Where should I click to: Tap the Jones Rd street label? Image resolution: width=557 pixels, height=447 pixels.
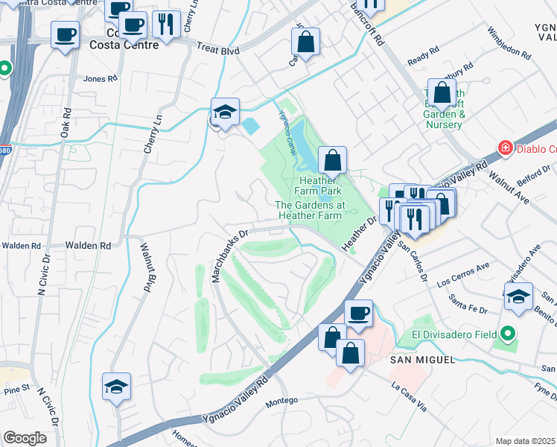[101, 78]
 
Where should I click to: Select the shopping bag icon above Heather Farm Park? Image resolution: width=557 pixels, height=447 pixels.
[332, 159]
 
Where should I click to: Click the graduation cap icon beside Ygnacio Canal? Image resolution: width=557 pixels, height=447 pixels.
[225, 112]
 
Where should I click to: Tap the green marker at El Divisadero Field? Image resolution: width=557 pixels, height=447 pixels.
[508, 334]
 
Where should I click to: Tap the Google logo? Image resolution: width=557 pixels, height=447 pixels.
[25, 437]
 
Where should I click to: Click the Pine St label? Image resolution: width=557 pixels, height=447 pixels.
[15, 388]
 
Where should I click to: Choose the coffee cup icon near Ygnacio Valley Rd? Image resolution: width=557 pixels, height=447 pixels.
[358, 313]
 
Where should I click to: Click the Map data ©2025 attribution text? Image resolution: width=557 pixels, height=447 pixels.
[525, 441]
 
